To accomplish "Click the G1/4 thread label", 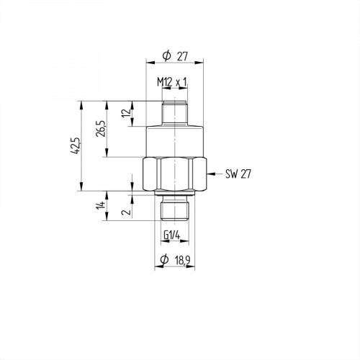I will pyautogui.click(x=171, y=235).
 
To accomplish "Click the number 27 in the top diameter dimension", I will pyautogui.click(x=182, y=54).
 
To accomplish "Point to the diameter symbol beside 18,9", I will pyautogui.click(x=165, y=260).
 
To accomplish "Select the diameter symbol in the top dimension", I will pyautogui.click(x=166, y=54).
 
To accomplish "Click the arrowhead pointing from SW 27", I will pyautogui.click(x=211, y=174).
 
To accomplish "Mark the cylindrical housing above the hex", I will pyautogui.click(x=176, y=141).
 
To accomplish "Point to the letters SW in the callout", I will pyautogui.click(x=230, y=174).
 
